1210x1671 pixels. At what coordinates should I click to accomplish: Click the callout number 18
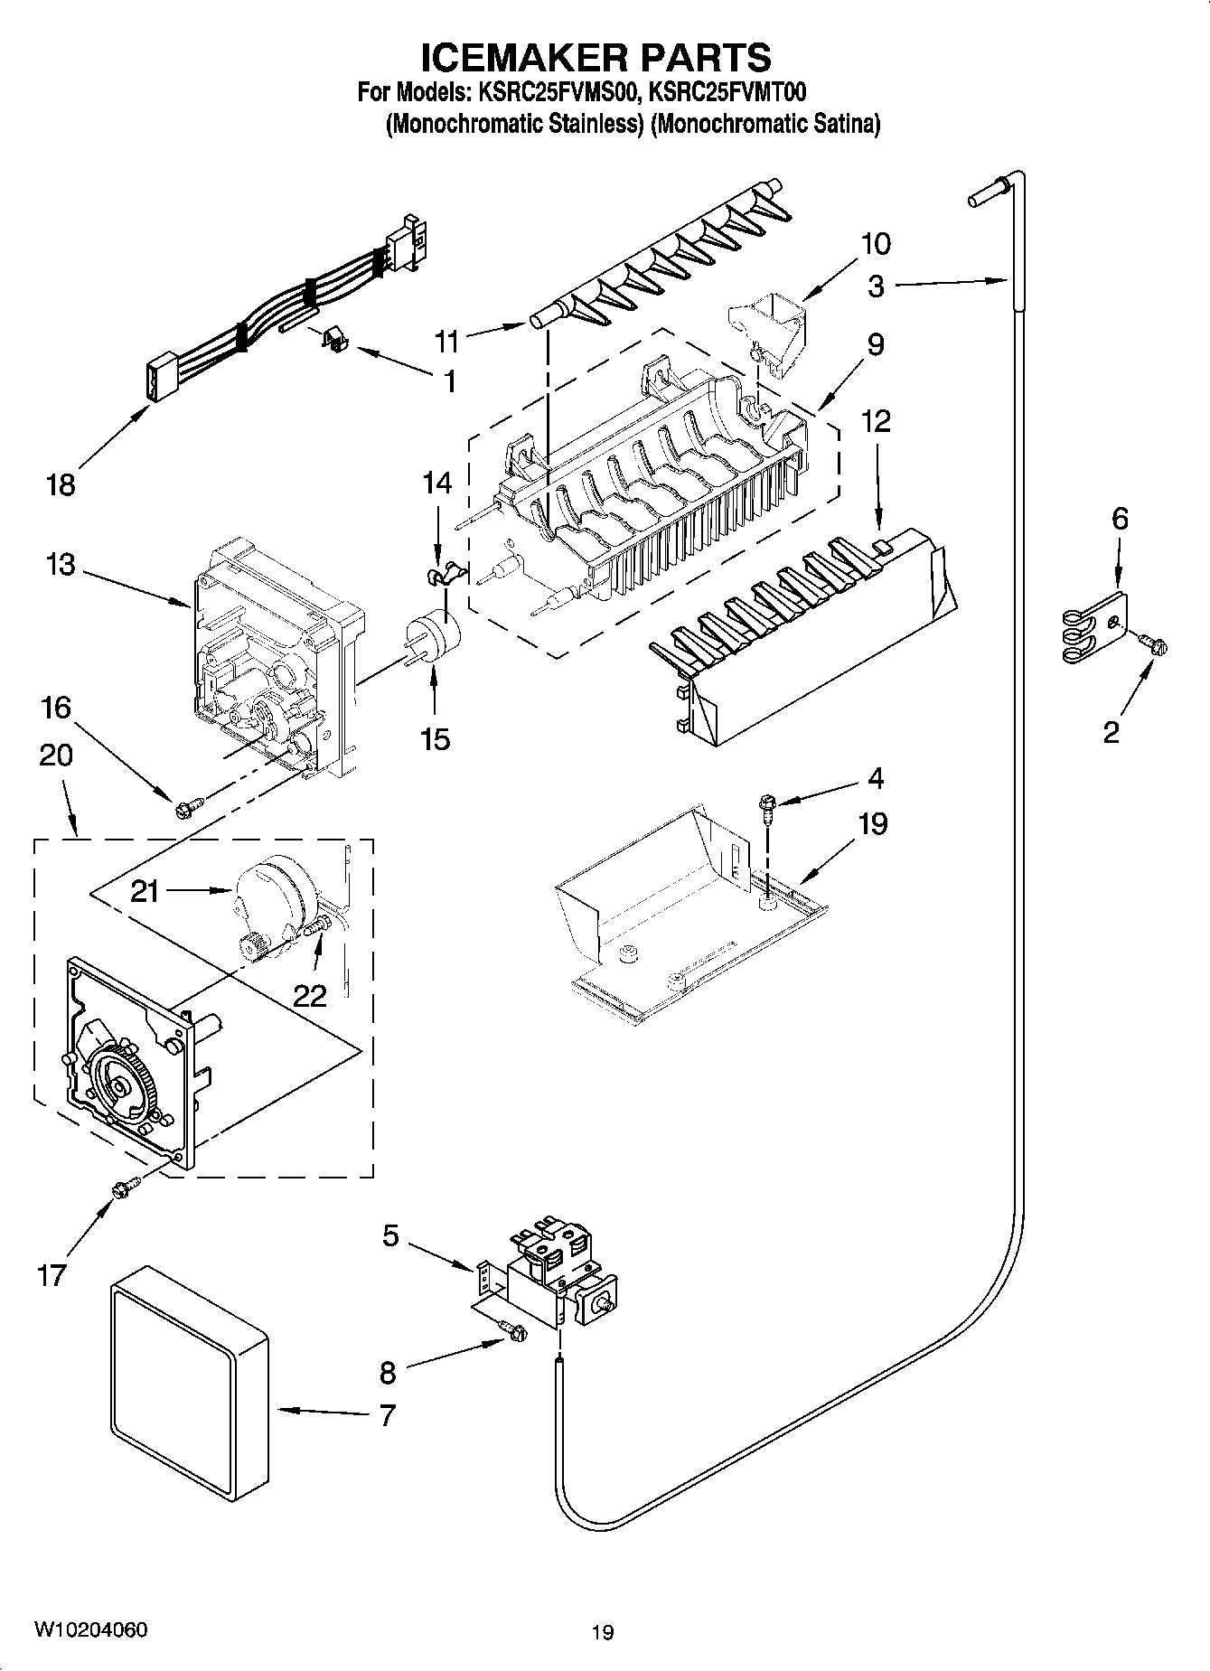click(x=61, y=485)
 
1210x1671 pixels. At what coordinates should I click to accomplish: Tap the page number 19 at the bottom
click(x=603, y=1632)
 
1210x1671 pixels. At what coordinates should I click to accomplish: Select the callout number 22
click(x=309, y=995)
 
